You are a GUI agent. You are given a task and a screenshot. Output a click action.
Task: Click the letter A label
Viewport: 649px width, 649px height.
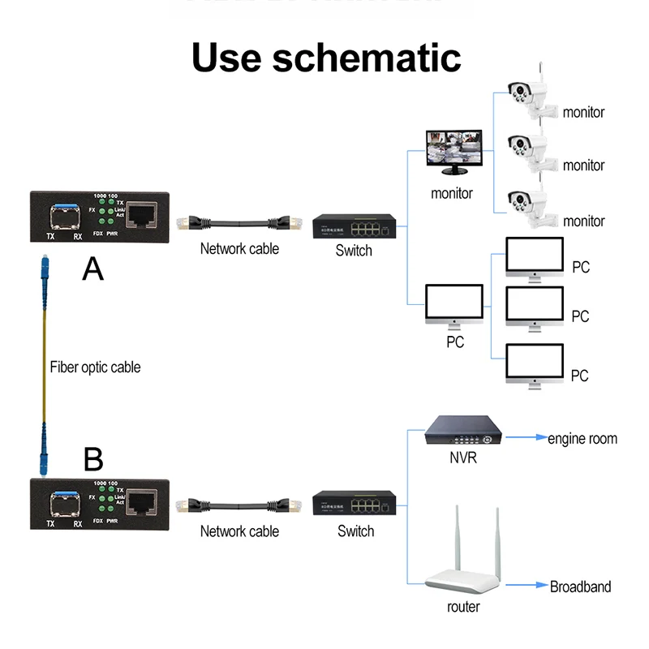pyautogui.click(x=93, y=269)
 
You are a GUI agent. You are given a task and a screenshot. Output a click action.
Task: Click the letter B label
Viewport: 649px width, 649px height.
pyautogui.click(x=93, y=460)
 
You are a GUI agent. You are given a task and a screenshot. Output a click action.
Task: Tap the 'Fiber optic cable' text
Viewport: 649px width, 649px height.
pyautogui.click(x=95, y=367)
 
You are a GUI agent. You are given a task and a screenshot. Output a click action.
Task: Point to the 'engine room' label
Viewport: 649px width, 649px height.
pyautogui.click(x=582, y=439)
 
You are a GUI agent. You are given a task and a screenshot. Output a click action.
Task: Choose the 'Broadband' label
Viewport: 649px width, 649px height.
pyautogui.click(x=580, y=587)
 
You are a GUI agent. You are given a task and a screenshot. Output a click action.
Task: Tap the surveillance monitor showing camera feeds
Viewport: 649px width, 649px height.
pyautogui.click(x=453, y=152)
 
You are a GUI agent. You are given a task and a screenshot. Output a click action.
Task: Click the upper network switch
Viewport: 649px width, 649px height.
pyautogui.click(x=355, y=226)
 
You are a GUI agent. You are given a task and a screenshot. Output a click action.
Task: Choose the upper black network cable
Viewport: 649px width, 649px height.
pyautogui.click(x=239, y=222)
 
